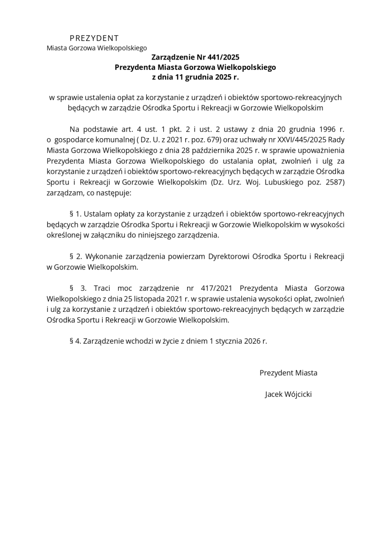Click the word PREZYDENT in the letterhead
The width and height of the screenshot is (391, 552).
point(94,38)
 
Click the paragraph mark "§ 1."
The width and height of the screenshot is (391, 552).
point(75,214)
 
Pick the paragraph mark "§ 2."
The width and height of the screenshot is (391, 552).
point(75,256)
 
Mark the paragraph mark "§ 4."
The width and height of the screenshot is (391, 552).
point(75,341)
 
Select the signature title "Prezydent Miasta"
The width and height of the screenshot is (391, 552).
point(288,373)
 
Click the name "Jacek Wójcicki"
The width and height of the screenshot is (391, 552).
point(288,394)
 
